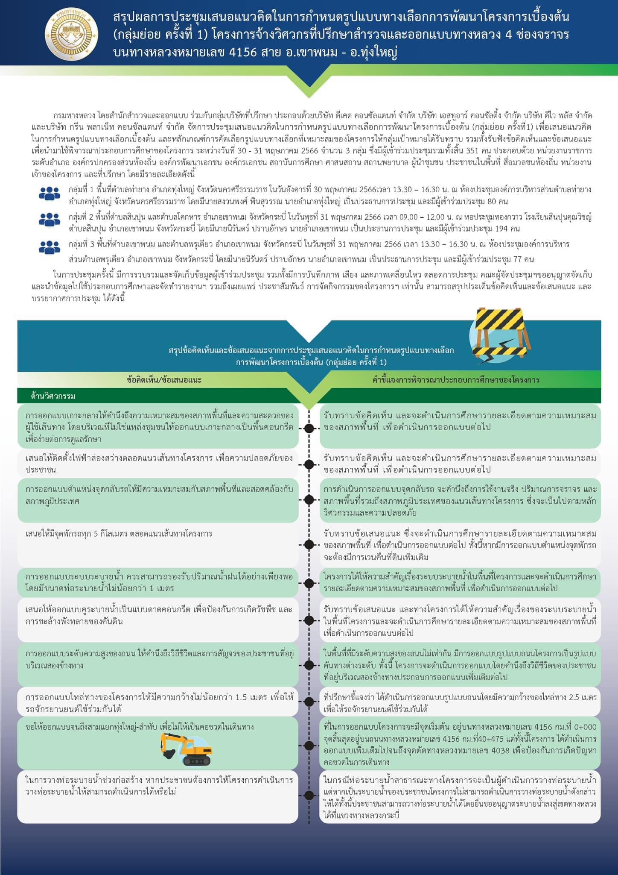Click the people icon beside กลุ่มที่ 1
(50, 194)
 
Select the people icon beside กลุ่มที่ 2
(50, 220)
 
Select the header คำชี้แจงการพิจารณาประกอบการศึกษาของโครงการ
(456, 379)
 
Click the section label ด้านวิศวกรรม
(53, 396)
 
